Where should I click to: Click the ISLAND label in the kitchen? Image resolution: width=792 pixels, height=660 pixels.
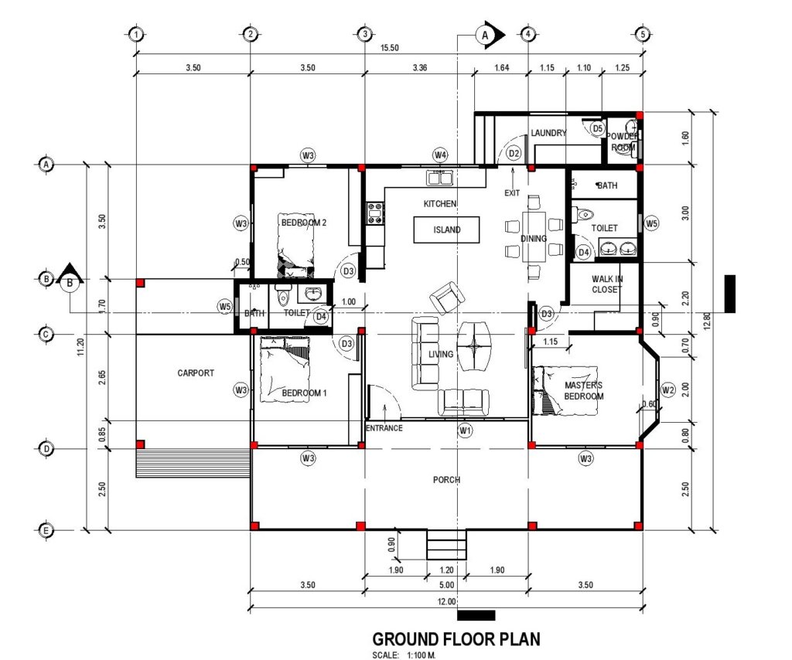click(x=446, y=230)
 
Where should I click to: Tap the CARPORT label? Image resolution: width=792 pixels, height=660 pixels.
click(x=196, y=373)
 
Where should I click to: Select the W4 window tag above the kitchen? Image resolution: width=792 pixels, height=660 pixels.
click(x=440, y=155)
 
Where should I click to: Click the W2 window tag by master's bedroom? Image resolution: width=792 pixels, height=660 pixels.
click(x=667, y=390)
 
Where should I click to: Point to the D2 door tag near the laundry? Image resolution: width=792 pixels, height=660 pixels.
click(x=514, y=153)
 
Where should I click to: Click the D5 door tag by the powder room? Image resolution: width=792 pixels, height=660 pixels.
click(x=598, y=128)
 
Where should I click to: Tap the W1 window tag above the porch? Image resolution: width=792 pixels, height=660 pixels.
click(x=465, y=430)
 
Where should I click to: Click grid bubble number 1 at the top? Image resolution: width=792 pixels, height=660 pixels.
click(x=136, y=34)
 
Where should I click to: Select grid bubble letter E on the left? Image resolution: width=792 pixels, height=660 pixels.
click(x=46, y=530)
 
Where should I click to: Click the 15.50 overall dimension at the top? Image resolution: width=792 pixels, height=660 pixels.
click(x=390, y=48)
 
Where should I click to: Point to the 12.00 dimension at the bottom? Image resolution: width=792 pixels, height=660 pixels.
click(x=446, y=601)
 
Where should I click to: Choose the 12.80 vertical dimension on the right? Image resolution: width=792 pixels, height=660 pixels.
click(x=707, y=320)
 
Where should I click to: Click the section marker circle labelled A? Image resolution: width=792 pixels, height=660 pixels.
click(x=485, y=36)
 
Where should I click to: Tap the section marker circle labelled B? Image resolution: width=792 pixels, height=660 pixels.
click(x=70, y=283)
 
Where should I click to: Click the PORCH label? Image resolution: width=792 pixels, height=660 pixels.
click(x=446, y=479)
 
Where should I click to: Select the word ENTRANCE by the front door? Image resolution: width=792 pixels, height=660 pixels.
click(x=384, y=428)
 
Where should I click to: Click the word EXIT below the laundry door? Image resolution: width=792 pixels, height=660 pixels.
click(x=512, y=192)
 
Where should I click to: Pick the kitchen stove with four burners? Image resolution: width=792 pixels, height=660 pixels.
click(x=375, y=213)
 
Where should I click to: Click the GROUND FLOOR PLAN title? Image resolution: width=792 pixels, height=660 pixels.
click(x=456, y=639)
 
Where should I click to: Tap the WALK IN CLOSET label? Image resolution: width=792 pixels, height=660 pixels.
click(x=606, y=284)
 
